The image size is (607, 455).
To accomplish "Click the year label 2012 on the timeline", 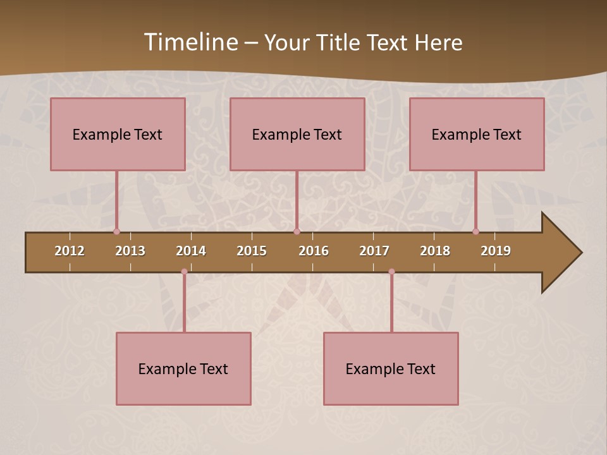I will coord(70,251).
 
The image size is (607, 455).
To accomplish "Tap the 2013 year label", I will coord(130,251).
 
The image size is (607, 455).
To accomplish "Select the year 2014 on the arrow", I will coord(191,251).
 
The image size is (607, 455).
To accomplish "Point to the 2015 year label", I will coord(252,251).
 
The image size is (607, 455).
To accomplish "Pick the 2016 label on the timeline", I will coord(314,251).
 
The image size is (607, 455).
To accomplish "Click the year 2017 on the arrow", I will coord(374,251).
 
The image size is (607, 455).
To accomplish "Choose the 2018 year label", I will coord(435,251).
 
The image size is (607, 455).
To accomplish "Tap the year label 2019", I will coord(496,251).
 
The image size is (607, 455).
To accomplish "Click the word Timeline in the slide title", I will coord(190,42).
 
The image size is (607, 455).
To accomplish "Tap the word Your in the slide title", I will coord(285,42).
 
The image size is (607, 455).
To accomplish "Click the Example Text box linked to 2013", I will coord(118,134).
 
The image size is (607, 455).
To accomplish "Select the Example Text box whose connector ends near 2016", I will coord(297,134).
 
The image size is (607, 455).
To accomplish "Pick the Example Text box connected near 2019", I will coord(477,134).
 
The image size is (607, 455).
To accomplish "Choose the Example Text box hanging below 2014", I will coord(183,368).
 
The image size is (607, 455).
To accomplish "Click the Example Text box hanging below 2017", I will coord(391,368).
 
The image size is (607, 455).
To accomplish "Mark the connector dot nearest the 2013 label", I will coord(116,231).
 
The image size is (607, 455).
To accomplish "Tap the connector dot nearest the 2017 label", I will coord(391,272).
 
